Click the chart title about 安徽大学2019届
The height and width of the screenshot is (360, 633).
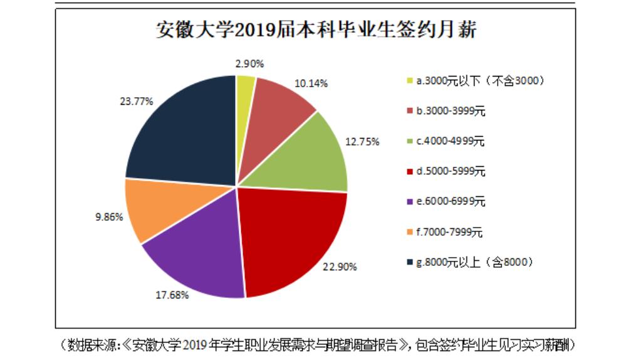315,30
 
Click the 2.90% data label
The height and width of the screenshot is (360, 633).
250,63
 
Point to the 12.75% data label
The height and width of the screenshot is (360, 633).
364,141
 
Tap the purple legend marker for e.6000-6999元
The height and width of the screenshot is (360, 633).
410,202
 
